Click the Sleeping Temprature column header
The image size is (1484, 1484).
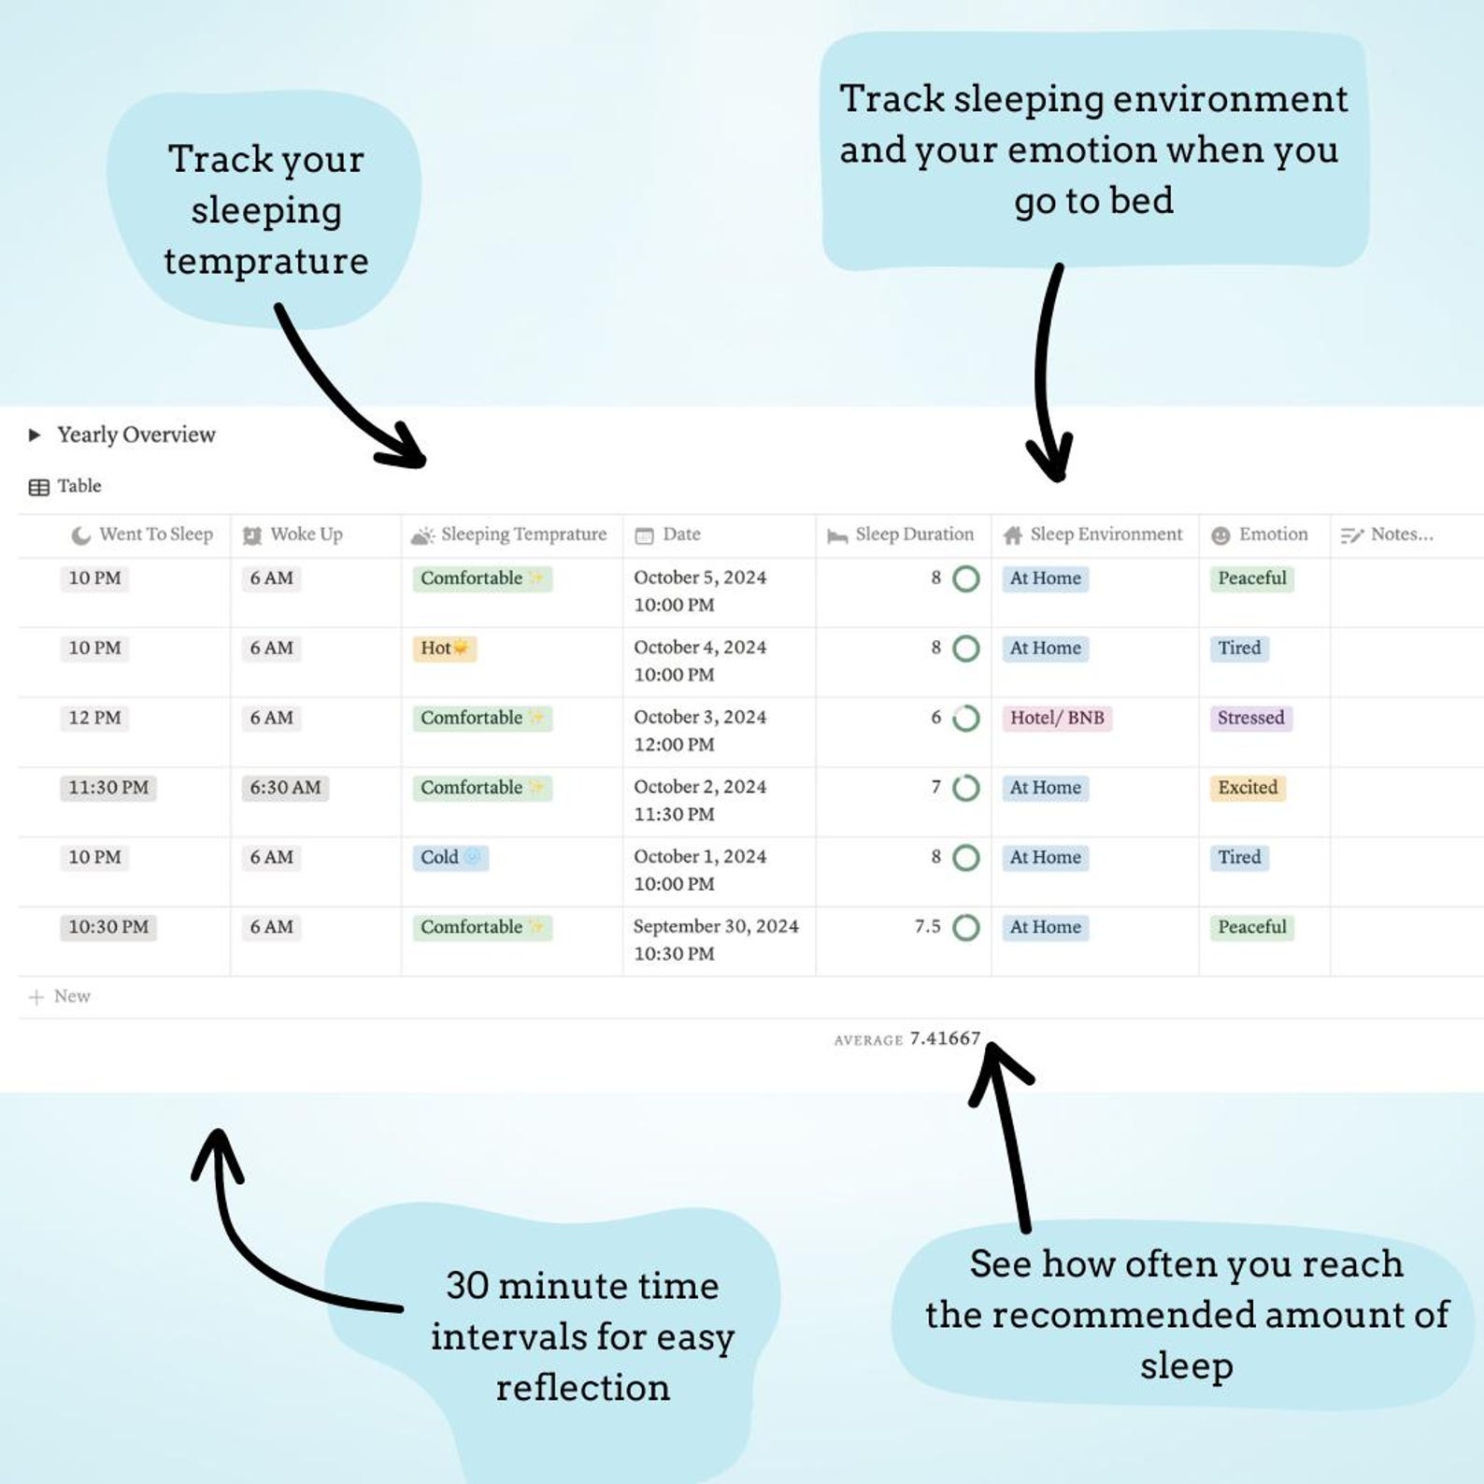point(523,535)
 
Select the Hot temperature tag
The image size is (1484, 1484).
point(444,649)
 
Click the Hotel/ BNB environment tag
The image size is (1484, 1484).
point(1056,719)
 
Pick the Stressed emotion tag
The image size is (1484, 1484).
point(1250,719)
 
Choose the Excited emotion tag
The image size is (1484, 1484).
point(1247,788)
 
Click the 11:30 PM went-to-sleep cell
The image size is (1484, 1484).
point(108,788)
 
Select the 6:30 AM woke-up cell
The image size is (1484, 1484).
point(285,788)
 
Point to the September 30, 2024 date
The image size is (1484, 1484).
point(716,926)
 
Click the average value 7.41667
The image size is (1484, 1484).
point(945,1038)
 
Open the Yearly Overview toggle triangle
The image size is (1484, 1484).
point(35,435)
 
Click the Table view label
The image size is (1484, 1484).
point(78,486)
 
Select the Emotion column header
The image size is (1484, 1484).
point(1272,535)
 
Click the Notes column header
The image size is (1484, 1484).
point(1400,535)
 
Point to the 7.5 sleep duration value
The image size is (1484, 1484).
point(927,927)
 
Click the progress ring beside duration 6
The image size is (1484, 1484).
point(965,719)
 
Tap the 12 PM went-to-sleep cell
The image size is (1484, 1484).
point(94,719)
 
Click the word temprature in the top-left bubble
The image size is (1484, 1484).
point(266,262)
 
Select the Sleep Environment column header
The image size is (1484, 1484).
point(1105,535)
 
